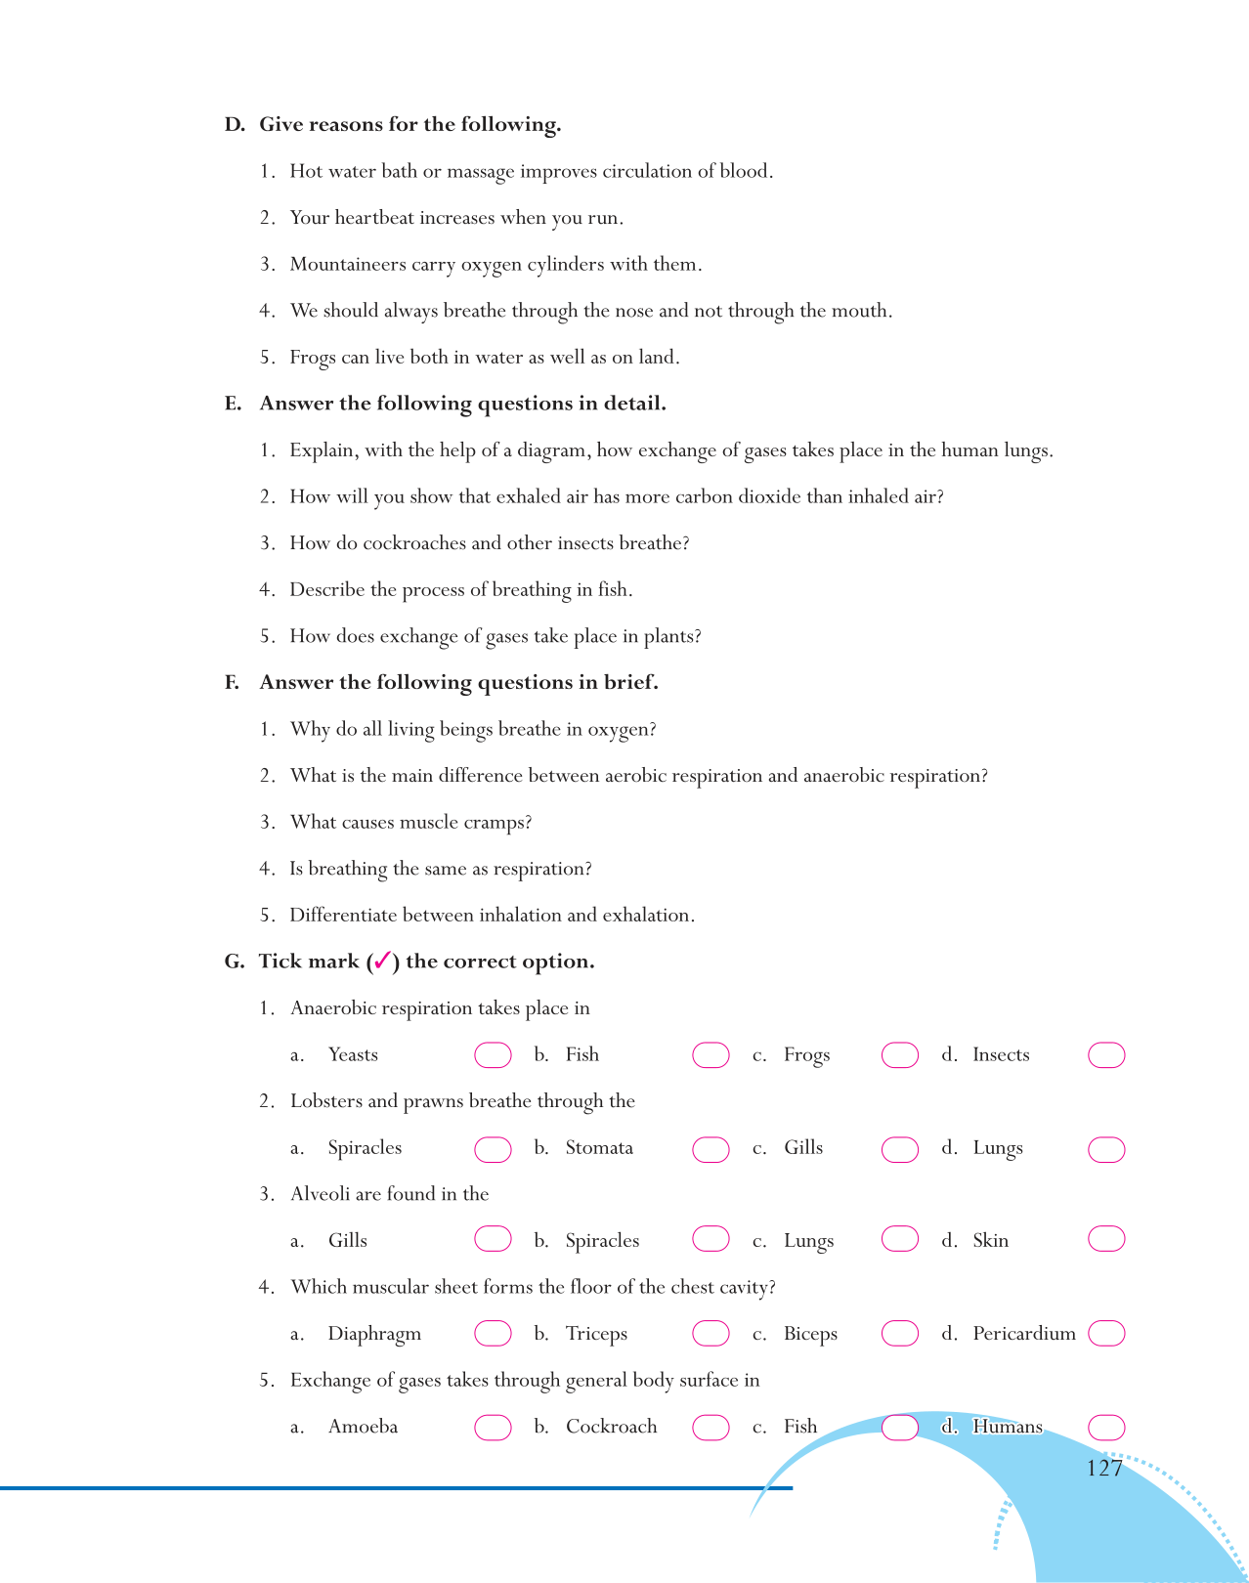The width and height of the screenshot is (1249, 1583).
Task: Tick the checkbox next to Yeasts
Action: pos(493,1055)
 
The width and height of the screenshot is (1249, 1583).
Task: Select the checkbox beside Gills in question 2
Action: pos(899,1149)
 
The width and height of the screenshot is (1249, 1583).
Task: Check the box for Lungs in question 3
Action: pos(899,1239)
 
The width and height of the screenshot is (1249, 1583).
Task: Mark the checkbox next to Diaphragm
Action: pos(493,1333)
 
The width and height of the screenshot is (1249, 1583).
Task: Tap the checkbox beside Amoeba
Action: pos(493,1428)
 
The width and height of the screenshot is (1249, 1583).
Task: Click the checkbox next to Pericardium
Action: pos(1106,1333)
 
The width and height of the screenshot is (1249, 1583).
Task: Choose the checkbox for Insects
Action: pos(1106,1055)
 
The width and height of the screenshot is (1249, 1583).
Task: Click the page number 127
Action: pos(1104,1468)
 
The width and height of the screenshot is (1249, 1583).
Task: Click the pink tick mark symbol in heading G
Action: pos(382,961)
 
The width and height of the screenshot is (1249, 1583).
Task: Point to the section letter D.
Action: pos(234,125)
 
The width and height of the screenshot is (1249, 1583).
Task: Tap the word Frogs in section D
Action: pos(313,358)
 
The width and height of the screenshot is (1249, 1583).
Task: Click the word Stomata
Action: pos(599,1148)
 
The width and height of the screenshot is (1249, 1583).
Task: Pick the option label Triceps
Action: pos(596,1334)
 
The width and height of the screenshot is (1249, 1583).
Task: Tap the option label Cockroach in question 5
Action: pos(611,1427)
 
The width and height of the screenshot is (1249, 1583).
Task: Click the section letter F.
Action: pos(232,683)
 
